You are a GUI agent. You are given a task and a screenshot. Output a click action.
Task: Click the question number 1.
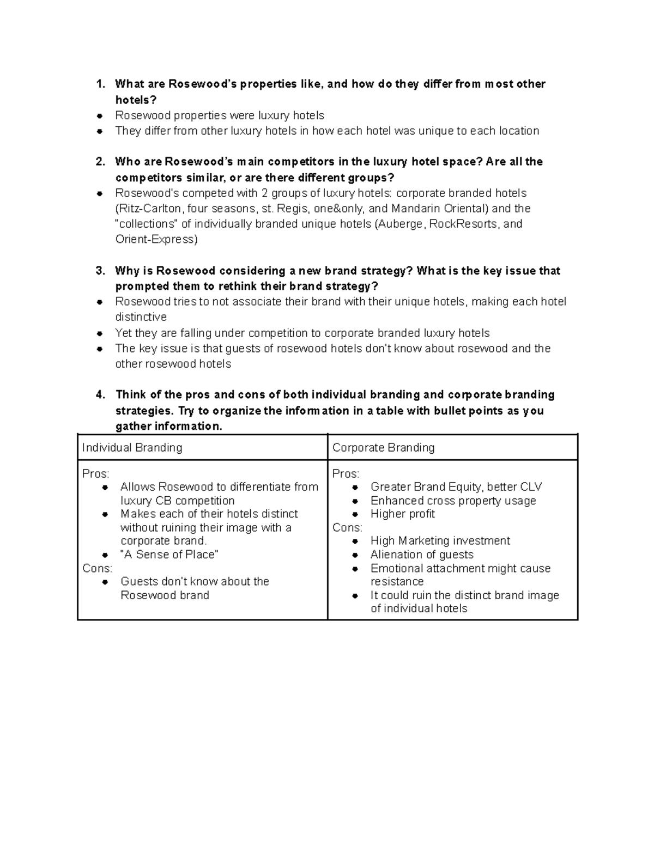(x=100, y=84)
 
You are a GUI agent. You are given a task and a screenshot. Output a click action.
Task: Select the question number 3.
(x=100, y=271)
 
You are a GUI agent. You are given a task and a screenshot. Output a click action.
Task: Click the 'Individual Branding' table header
(x=132, y=448)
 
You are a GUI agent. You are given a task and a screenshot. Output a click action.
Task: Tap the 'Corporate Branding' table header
(x=383, y=448)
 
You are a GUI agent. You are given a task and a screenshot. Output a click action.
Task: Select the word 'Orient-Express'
(x=156, y=239)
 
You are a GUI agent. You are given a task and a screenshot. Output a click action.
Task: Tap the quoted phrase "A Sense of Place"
(x=169, y=555)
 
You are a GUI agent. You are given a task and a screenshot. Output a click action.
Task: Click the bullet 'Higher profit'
(x=402, y=514)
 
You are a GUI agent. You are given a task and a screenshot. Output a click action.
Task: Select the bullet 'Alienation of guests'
(x=422, y=555)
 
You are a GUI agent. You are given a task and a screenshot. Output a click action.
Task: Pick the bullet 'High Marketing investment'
(x=440, y=541)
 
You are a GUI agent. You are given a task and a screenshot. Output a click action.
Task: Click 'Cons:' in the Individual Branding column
(x=97, y=568)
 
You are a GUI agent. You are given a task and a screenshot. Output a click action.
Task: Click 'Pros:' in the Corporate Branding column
(x=346, y=474)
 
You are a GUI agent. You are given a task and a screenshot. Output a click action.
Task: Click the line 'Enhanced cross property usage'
(x=453, y=501)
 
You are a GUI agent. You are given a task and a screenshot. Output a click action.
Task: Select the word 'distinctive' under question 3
(x=141, y=317)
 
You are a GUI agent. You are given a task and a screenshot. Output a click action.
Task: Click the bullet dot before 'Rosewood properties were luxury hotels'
(x=100, y=116)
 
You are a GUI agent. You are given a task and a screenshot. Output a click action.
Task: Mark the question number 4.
(x=100, y=395)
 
